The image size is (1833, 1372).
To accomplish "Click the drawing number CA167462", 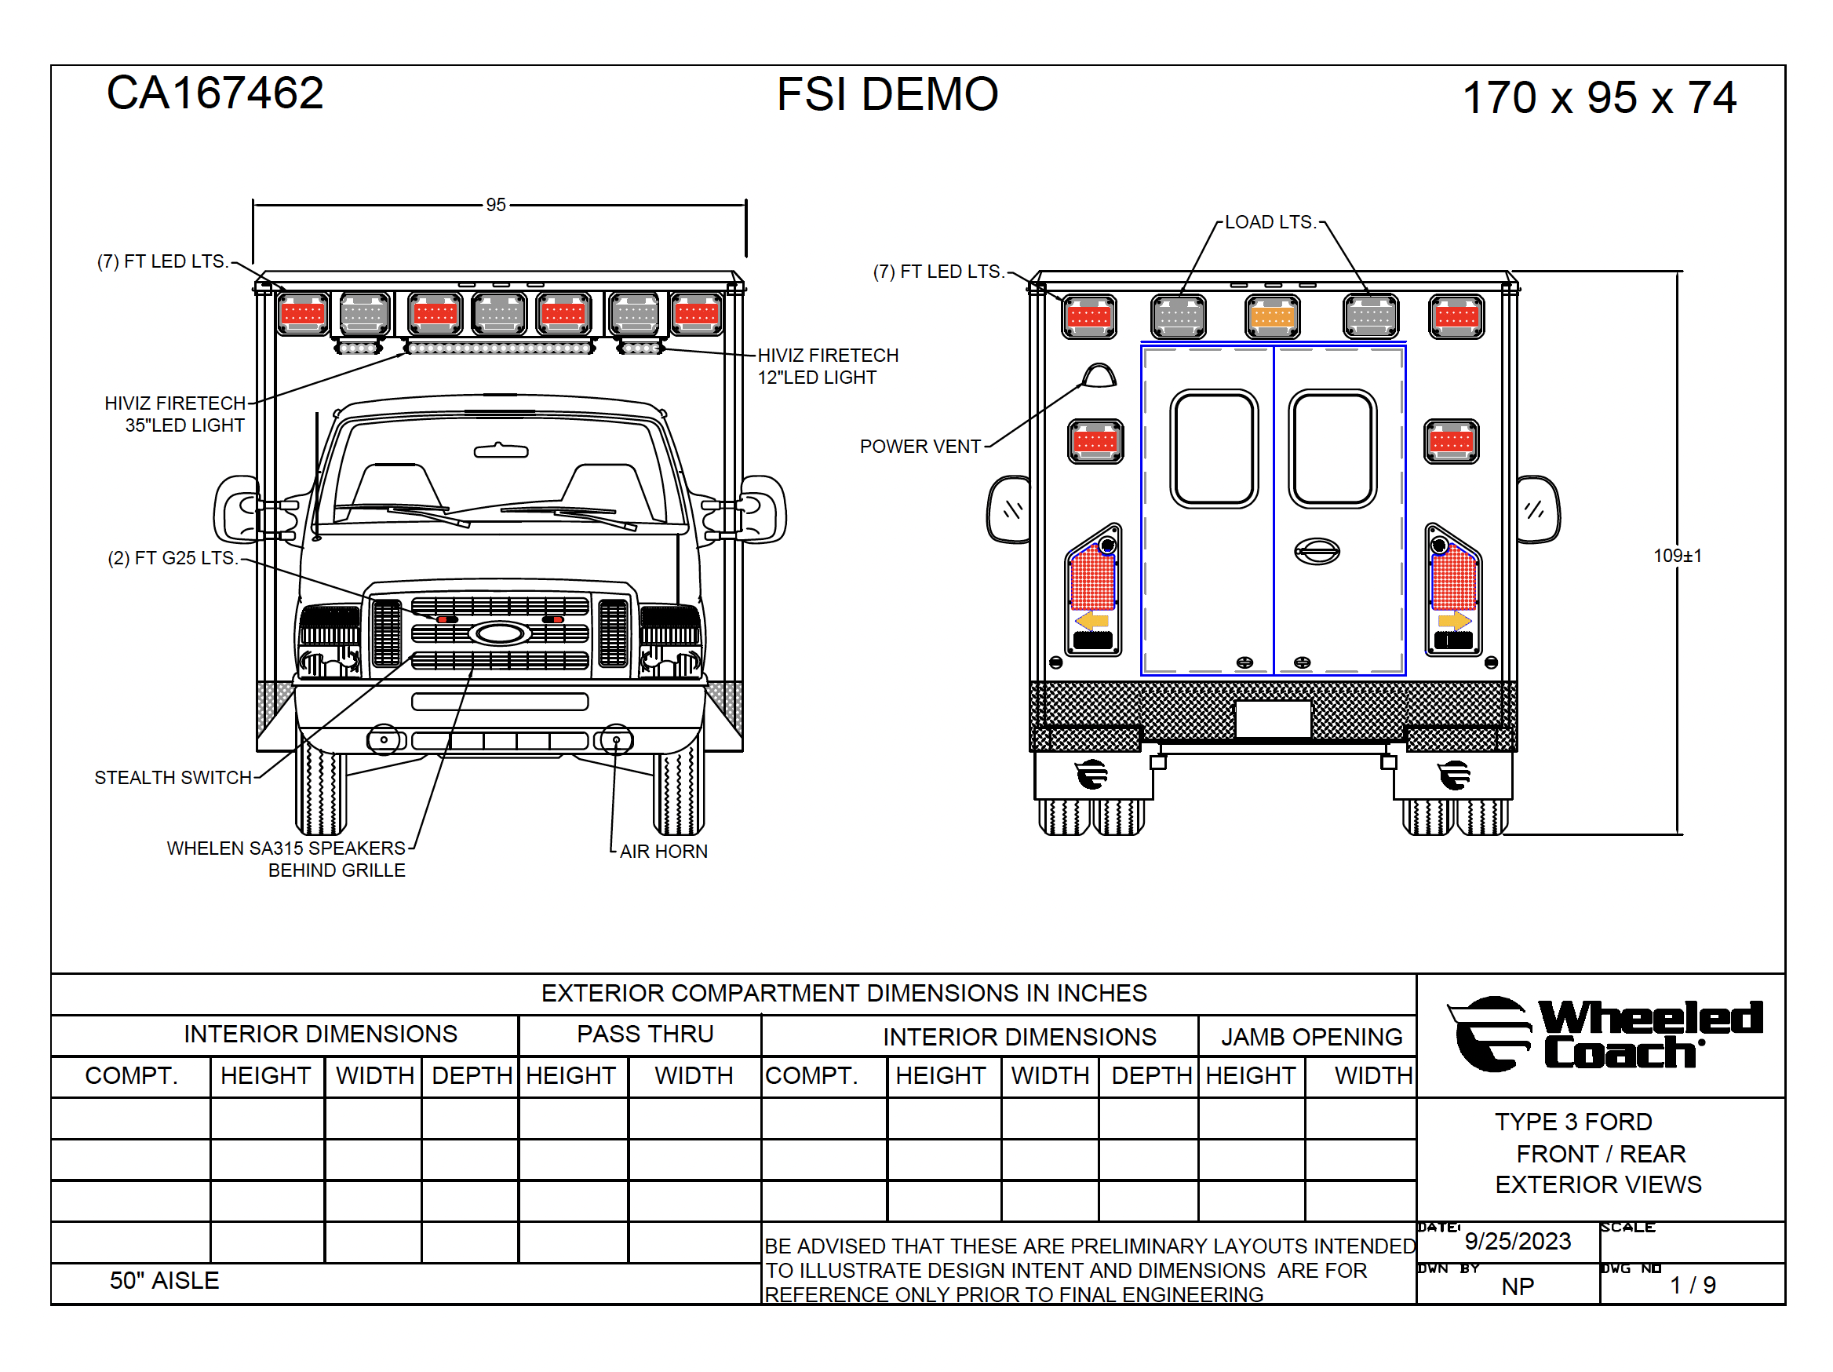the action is [x=215, y=93].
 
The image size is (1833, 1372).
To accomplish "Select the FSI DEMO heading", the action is [x=887, y=93].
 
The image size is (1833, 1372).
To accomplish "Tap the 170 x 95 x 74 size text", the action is [x=1599, y=98].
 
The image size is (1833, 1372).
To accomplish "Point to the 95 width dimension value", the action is [x=496, y=205].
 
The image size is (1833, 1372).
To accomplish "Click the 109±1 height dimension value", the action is [x=1677, y=556].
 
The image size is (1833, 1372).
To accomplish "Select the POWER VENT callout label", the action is [x=920, y=446].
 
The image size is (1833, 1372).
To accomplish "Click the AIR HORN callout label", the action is [x=663, y=852].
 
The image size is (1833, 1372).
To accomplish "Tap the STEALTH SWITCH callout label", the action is [x=173, y=778].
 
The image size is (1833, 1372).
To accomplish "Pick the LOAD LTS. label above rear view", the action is [x=1270, y=222].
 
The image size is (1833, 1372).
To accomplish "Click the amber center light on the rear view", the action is [x=1272, y=316].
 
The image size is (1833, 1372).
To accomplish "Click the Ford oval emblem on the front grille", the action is [x=500, y=634].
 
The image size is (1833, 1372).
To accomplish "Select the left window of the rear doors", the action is [x=1214, y=448].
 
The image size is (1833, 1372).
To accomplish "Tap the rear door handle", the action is [x=1317, y=551].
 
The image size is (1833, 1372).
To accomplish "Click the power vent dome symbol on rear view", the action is [x=1099, y=375].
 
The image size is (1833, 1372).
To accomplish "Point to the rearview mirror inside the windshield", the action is [x=501, y=451].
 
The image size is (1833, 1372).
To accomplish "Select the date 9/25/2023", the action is [x=1518, y=1241].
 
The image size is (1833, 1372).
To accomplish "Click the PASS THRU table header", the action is [x=645, y=1034].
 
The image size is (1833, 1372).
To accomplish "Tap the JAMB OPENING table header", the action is [x=1312, y=1036].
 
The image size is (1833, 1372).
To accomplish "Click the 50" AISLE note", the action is [x=164, y=1281].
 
